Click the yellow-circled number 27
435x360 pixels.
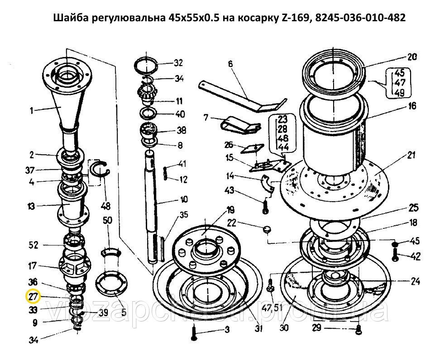tap(33, 297)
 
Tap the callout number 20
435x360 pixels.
tap(412, 57)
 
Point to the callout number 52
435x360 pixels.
tap(33, 245)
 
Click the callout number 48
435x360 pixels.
tap(106, 206)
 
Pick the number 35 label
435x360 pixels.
tap(183, 215)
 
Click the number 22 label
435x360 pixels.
tap(232, 223)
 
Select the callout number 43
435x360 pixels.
tap(229, 190)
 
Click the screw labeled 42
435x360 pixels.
tap(395, 255)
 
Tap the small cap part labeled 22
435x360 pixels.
tap(267, 229)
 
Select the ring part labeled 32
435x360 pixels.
tap(146, 66)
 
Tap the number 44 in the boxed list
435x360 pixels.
tap(283, 147)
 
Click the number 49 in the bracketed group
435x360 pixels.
tap(399, 92)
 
